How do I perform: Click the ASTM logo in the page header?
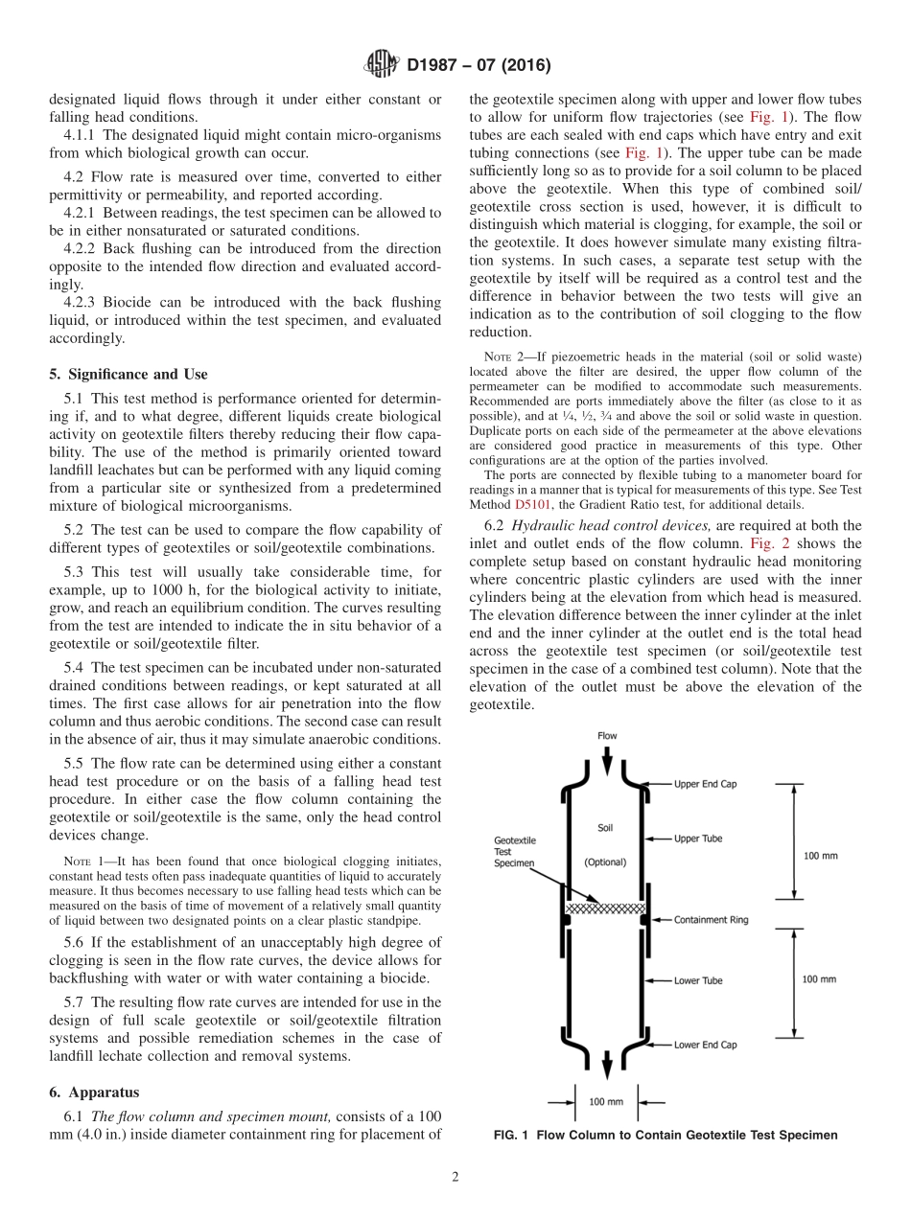tap(383, 66)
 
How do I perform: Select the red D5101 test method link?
tap(530, 504)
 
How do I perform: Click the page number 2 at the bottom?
tap(455, 1177)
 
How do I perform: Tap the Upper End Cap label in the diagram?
tap(706, 783)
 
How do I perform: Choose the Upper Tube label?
tap(698, 839)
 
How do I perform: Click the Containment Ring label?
tap(712, 920)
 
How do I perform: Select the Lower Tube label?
tap(698, 980)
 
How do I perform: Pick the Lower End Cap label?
tap(706, 1045)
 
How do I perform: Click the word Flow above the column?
tap(607, 736)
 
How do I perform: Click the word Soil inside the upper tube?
tap(605, 826)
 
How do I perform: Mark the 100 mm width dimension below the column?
tap(606, 1101)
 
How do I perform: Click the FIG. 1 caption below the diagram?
tap(665, 1135)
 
